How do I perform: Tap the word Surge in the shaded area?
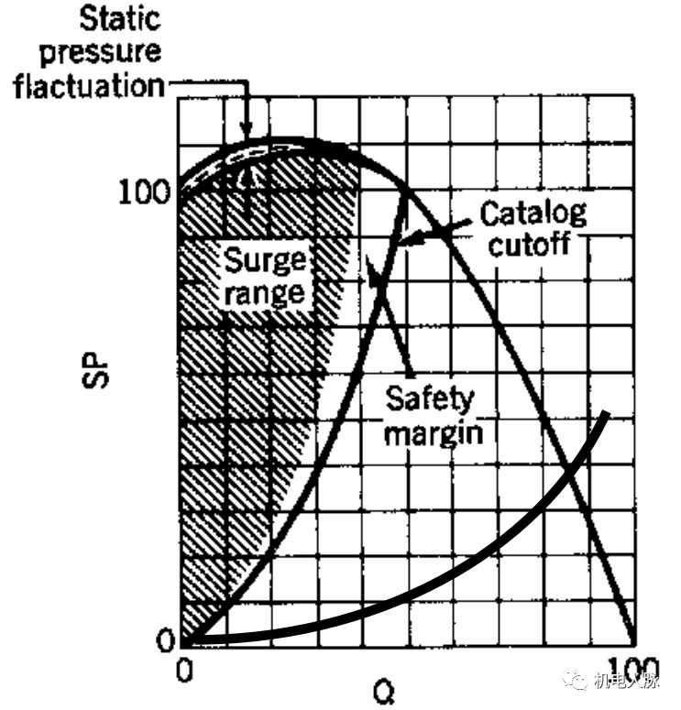[x=265, y=261]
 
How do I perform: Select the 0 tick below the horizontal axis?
[x=184, y=670]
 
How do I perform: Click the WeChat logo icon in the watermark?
[x=577, y=679]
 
